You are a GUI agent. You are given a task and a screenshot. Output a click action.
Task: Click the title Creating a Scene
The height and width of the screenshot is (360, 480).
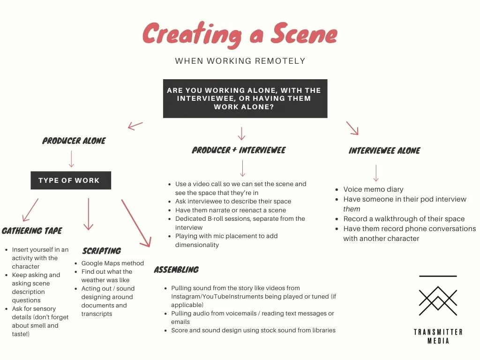point(240,34)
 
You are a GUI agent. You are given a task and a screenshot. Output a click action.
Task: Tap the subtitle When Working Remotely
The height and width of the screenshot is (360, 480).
point(240,61)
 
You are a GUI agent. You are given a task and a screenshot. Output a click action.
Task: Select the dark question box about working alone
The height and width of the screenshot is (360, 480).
point(245,98)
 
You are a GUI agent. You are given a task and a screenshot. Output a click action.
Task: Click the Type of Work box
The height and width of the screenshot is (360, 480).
point(71,180)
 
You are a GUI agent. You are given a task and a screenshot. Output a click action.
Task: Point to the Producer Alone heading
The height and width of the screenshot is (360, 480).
point(74,141)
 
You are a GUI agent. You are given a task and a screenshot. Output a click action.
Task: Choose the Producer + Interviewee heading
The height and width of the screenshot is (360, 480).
point(239,150)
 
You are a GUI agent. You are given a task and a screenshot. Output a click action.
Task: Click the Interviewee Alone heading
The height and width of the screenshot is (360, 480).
point(384,150)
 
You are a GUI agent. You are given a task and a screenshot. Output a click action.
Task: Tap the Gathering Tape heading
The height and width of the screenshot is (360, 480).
point(32,231)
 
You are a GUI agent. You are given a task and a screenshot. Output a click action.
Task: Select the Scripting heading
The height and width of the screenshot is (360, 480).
point(102,251)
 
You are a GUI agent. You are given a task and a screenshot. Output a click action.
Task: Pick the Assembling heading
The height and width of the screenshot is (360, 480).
point(176,270)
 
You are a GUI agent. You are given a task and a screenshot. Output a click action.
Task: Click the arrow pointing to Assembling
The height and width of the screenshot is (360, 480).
point(136,223)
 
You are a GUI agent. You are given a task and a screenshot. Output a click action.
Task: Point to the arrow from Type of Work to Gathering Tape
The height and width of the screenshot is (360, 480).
point(30,210)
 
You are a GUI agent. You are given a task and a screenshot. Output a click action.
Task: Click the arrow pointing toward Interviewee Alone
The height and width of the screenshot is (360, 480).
point(352,127)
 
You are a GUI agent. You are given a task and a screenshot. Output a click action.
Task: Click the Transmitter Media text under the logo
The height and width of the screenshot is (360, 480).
point(438,336)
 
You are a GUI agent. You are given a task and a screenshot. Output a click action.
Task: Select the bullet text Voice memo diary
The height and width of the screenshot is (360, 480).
point(373,189)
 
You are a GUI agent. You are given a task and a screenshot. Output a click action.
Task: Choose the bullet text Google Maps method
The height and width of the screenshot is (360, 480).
point(112,263)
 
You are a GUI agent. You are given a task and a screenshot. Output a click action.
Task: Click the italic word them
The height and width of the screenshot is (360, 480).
point(352,209)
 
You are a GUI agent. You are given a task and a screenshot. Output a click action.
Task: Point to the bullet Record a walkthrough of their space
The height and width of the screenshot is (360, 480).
point(404,219)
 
